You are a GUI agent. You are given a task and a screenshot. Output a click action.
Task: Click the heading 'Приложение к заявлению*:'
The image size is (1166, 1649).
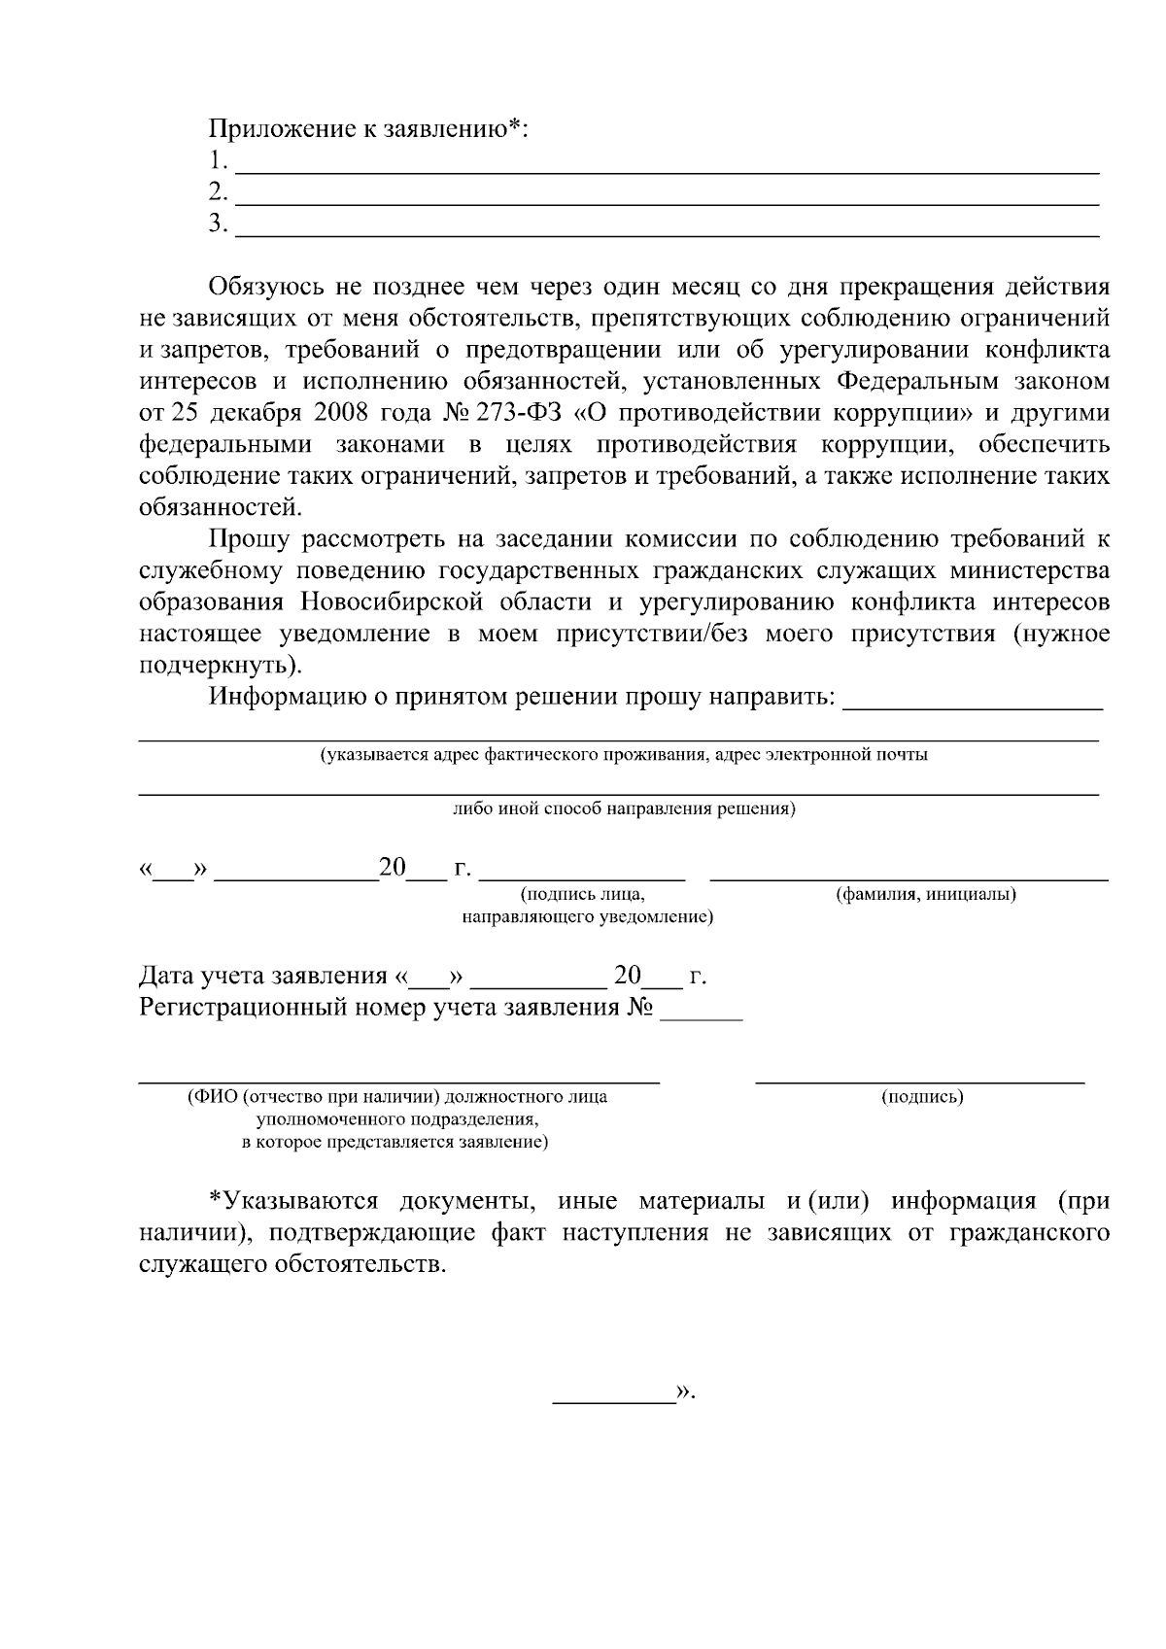coord(368,128)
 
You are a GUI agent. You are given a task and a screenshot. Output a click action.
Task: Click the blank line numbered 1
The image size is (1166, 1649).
coord(669,170)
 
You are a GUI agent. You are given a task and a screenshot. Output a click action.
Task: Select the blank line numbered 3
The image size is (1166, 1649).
coord(669,234)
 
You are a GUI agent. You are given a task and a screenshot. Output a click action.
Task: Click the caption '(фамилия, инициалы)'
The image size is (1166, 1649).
coord(925,894)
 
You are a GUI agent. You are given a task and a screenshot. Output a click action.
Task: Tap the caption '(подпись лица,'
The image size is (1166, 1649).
coord(582,894)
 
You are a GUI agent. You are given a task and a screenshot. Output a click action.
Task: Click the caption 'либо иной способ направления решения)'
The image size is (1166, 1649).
coord(624,809)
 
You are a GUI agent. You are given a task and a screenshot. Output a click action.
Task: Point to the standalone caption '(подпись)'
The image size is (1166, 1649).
coord(922,1097)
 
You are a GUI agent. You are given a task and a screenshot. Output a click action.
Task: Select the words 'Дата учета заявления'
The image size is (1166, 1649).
coord(263,975)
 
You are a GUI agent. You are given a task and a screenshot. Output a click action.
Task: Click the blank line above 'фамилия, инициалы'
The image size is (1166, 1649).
coord(909,878)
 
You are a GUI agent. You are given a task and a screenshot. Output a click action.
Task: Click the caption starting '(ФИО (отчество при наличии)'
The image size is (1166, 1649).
coord(396,1097)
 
